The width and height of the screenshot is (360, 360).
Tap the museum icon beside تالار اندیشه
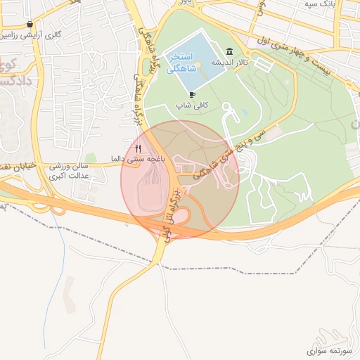click(x=230, y=51)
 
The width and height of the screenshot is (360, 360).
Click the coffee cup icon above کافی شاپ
click(x=192, y=94)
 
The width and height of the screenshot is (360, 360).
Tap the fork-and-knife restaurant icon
click(x=139, y=148)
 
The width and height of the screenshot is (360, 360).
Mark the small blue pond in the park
click(x=244, y=112)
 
